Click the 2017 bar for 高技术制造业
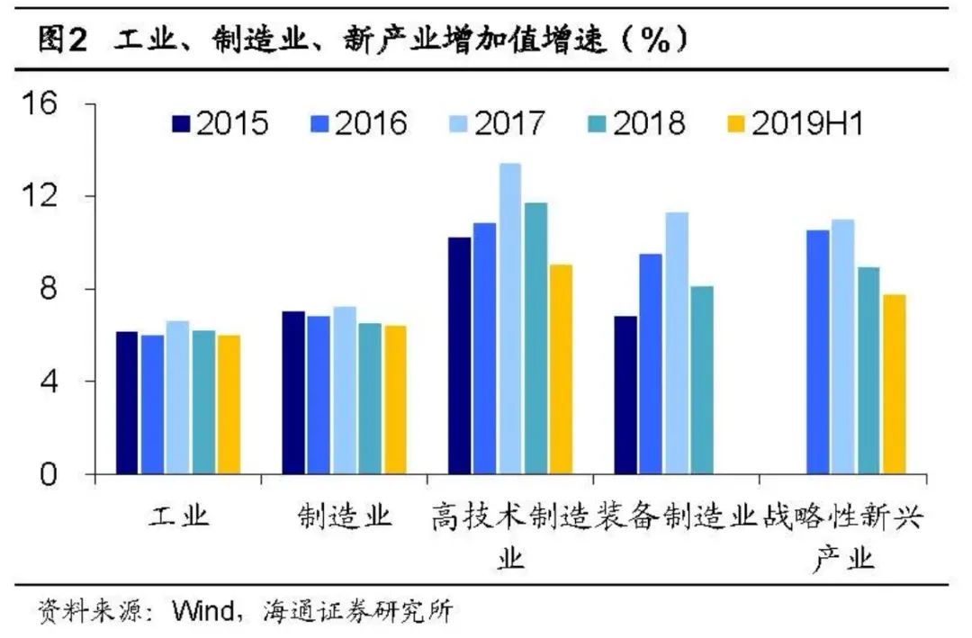click(x=510, y=319)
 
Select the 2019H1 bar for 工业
click(x=229, y=404)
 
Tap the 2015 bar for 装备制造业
click(x=626, y=395)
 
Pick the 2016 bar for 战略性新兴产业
click(x=817, y=352)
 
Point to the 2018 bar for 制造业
click(x=370, y=399)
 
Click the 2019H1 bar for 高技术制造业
click(x=561, y=369)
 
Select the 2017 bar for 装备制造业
click(x=677, y=343)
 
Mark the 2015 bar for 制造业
click(x=293, y=392)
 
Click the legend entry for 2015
click(x=220, y=123)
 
